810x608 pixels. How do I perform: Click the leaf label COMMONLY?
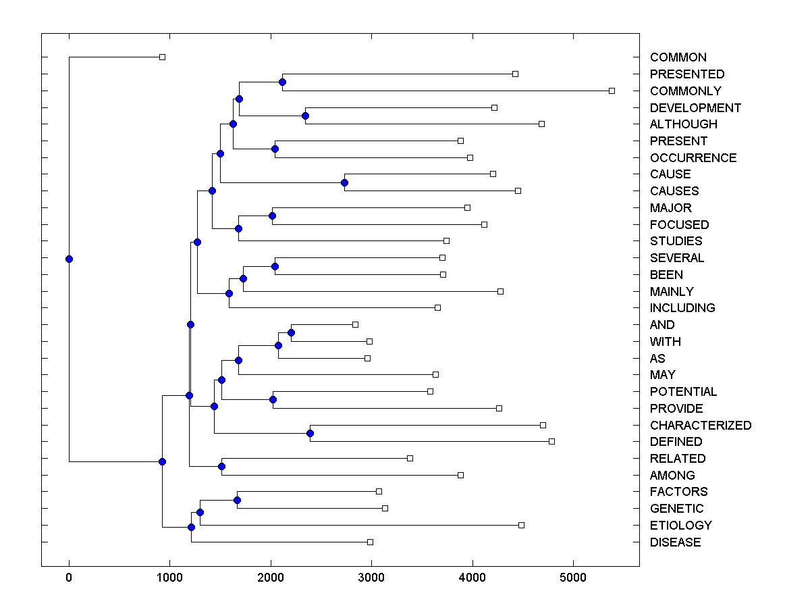(685, 91)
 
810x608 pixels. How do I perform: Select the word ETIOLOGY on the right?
(680, 526)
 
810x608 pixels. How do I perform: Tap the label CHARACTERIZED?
(700, 426)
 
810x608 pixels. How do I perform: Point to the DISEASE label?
(675, 542)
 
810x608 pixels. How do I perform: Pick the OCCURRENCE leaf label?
(693, 158)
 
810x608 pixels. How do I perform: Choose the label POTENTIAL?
(683, 392)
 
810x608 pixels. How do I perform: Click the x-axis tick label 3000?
(371, 578)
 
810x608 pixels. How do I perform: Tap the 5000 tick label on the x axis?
(573, 578)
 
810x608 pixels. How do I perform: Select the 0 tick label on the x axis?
(69, 578)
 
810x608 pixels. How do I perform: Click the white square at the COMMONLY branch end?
(612, 91)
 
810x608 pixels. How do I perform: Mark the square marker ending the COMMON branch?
(162, 57)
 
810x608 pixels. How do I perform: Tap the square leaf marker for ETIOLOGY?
(521, 525)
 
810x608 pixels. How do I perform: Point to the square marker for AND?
(355, 324)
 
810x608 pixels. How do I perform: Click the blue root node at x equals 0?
(69, 259)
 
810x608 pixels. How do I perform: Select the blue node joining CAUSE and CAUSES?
(344, 182)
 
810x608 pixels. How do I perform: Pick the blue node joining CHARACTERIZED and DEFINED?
(310, 433)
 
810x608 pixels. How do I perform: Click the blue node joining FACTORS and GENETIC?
(237, 500)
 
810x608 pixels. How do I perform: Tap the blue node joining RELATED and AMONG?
(221, 466)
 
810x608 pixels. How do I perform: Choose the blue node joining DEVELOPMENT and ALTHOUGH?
(305, 116)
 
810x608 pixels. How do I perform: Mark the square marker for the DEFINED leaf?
(551, 441)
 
